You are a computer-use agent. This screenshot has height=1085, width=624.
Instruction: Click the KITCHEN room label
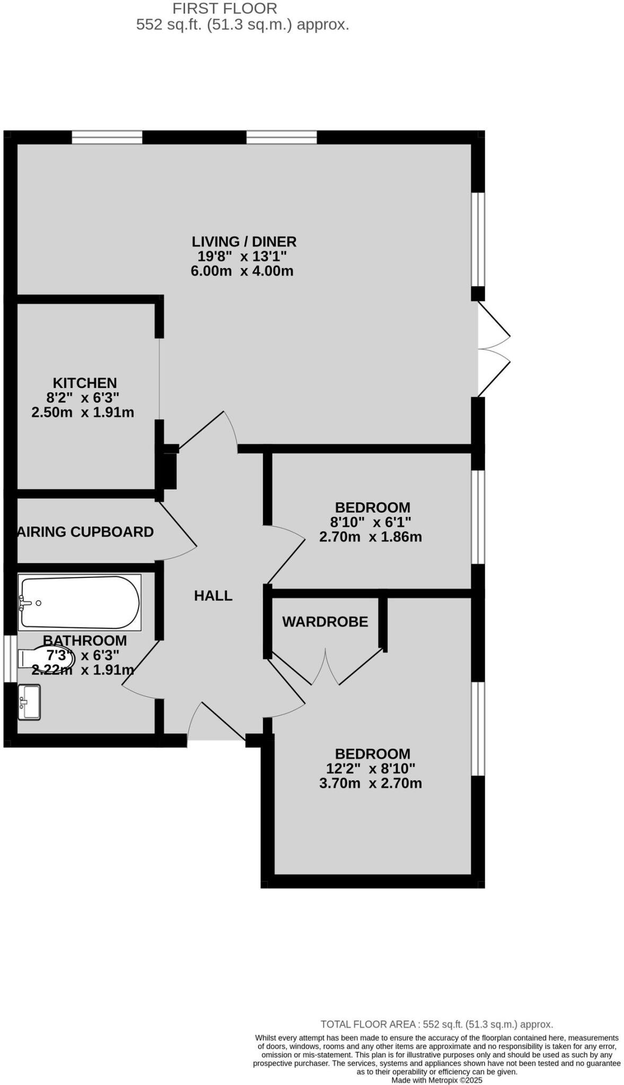[84, 383]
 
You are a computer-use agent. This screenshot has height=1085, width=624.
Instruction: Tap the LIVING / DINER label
[244, 242]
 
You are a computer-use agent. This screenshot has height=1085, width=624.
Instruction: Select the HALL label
[213, 595]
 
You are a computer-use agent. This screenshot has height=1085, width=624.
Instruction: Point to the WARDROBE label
[325, 621]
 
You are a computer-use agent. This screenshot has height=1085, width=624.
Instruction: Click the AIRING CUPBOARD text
[85, 531]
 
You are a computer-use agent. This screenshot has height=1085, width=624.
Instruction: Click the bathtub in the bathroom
[80, 602]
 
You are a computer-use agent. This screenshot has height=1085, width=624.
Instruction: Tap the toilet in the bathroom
[48, 659]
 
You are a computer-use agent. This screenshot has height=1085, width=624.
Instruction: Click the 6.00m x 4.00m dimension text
[242, 271]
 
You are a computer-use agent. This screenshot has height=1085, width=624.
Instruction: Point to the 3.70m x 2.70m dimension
[371, 783]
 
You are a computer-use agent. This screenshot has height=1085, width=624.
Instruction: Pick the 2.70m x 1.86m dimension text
[371, 537]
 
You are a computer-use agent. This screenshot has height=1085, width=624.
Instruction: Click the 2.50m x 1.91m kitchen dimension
[83, 412]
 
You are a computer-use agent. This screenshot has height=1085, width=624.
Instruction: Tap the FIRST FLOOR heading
[225, 8]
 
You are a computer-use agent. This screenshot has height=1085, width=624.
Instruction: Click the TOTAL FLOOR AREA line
[437, 1024]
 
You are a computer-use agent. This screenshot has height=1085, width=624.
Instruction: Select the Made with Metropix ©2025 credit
[437, 1080]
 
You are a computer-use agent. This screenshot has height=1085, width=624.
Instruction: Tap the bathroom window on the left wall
[11, 659]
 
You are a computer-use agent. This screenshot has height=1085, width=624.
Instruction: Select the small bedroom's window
[478, 517]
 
